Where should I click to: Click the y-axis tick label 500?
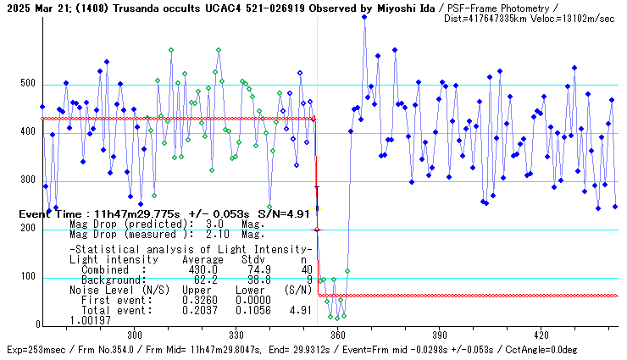[27, 85]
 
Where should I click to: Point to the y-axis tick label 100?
[27, 278]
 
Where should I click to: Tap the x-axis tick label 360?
[339, 335]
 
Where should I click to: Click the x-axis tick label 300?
[135, 335]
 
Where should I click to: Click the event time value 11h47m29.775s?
[135, 214]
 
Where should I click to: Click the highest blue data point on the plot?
[364, 16]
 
